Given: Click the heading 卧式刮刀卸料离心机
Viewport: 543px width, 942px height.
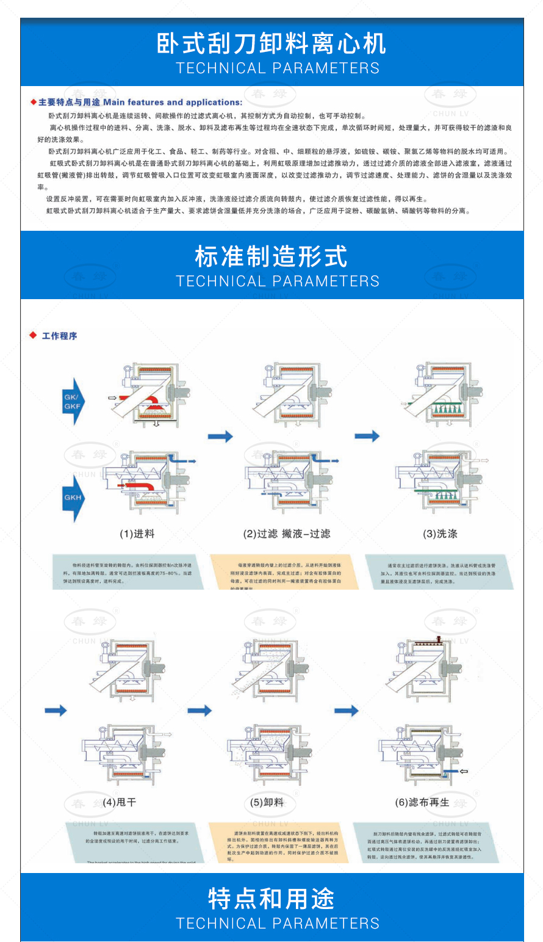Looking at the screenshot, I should click(x=271, y=43).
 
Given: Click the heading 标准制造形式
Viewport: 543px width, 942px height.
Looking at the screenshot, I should click(x=271, y=256).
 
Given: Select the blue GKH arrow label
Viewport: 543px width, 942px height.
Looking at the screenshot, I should click(x=73, y=497).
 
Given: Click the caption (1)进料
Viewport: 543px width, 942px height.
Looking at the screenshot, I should click(x=137, y=534).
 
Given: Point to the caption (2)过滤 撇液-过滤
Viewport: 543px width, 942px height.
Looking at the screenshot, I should click(x=286, y=534).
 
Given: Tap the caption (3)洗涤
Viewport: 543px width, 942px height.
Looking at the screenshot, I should click(x=440, y=534).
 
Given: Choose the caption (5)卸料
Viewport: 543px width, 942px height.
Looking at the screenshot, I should click(x=267, y=802).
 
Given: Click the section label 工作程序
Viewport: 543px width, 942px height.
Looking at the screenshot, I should click(x=59, y=336).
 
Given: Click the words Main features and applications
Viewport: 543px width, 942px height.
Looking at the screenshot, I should click(x=173, y=102).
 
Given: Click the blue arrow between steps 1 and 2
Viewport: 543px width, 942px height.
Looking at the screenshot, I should click(x=220, y=436).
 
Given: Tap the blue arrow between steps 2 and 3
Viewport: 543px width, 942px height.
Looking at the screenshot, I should click(x=367, y=436).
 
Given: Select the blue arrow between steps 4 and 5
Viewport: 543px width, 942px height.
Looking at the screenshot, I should click(x=200, y=710).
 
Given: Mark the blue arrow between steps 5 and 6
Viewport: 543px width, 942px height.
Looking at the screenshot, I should click(x=347, y=710).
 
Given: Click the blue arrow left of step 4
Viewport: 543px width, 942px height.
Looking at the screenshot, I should click(x=56, y=710).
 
